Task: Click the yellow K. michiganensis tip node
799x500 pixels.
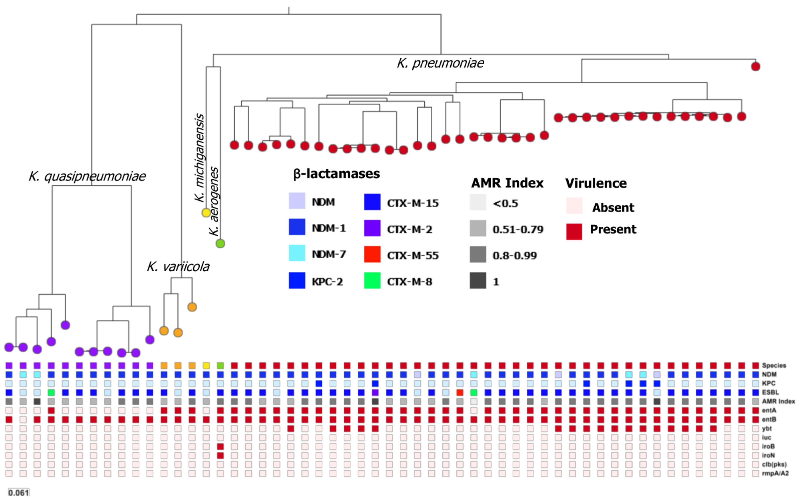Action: (206, 213)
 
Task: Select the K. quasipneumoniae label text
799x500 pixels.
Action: (87, 176)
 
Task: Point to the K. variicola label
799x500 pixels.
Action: (178, 267)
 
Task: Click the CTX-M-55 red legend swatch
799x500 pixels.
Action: (372, 254)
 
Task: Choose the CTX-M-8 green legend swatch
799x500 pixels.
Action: (372, 281)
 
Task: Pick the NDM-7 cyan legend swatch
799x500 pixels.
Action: (297, 253)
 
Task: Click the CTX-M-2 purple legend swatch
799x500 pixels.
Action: (372, 228)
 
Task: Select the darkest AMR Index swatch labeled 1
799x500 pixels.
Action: (478, 281)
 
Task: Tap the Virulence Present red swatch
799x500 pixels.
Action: (574, 231)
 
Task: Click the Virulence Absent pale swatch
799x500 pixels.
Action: (574, 206)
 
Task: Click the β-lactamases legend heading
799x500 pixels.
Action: (336, 174)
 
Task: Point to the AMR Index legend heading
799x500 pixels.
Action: (507, 183)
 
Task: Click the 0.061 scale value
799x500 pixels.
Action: (19, 492)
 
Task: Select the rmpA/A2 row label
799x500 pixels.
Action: (775, 474)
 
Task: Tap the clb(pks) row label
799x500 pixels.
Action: (774, 465)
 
